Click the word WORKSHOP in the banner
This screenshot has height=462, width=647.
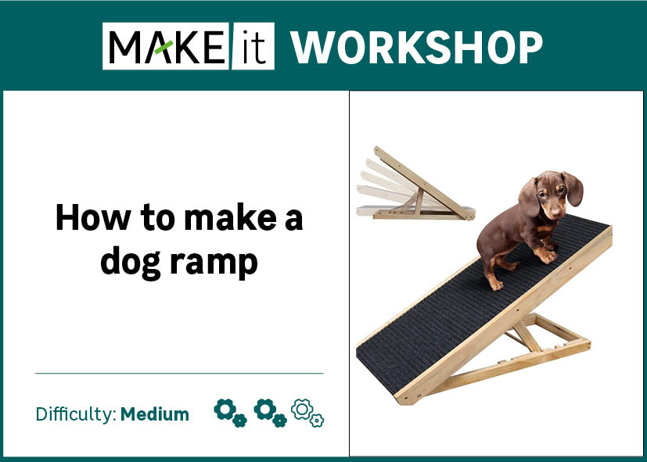point(417,47)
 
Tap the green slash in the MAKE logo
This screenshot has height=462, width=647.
point(164,48)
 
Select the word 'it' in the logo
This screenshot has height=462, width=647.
point(253,46)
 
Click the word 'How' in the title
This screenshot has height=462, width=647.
point(93,217)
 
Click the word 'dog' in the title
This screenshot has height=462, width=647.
point(131,262)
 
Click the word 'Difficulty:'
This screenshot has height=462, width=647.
point(77,414)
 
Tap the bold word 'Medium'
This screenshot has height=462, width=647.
point(155,414)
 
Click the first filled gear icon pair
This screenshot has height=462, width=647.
point(230,413)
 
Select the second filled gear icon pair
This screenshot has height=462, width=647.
point(270,413)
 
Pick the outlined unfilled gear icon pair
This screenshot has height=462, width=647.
point(307,413)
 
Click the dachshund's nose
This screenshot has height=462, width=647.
point(555,213)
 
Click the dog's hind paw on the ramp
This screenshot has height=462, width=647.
point(496,285)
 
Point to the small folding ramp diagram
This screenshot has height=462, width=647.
point(415,184)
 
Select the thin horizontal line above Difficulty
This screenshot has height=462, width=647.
point(179,374)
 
